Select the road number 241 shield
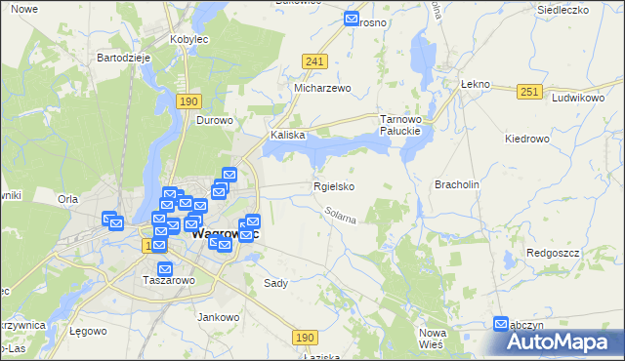(313, 61)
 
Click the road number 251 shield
(529, 91)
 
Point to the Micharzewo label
(322, 88)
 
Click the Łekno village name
(474, 85)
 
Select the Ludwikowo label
(579, 99)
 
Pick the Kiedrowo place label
(528, 139)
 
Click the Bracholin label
(456, 184)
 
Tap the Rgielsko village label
(333, 186)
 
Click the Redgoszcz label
(554, 252)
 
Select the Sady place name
(275, 283)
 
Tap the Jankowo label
(219, 317)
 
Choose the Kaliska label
(289, 136)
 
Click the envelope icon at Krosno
(353, 18)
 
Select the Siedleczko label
(562, 10)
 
